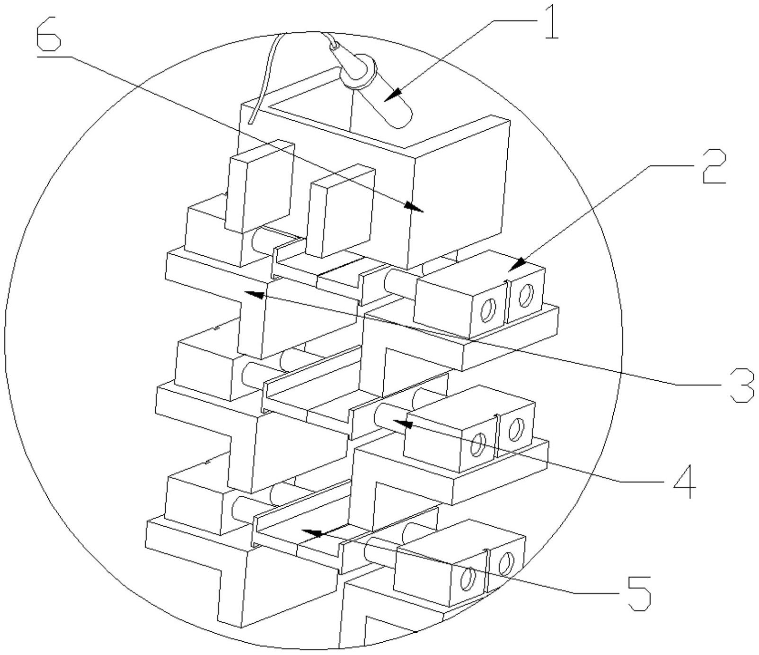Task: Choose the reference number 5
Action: point(637,592)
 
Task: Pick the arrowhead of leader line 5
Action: point(312,533)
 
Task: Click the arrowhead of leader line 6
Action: point(414,207)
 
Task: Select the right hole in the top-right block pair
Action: point(524,294)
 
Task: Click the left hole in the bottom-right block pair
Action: point(468,579)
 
